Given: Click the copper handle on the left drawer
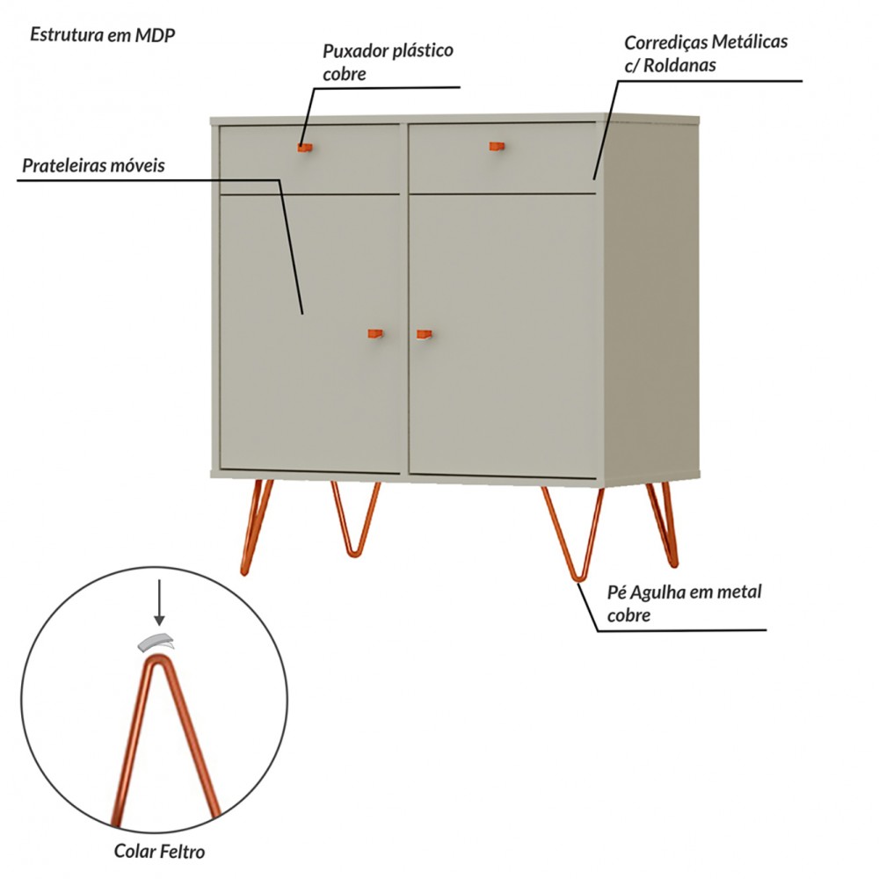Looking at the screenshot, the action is click(x=305, y=148).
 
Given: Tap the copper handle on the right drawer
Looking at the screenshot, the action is click(x=497, y=146).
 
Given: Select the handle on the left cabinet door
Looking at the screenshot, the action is click(x=375, y=333).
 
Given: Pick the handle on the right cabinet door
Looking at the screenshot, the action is click(x=425, y=334).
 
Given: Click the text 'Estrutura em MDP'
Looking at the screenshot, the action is click(x=103, y=35).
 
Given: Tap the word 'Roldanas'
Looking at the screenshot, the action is click(x=679, y=65).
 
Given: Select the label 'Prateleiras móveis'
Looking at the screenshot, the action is click(x=94, y=165).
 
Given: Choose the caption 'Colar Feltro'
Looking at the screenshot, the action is click(x=159, y=850).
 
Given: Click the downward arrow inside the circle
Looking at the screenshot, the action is click(x=159, y=603).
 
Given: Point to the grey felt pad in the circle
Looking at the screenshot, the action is click(x=156, y=643).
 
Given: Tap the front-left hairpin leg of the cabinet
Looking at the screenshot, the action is click(x=255, y=527).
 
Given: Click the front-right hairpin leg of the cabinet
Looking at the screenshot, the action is click(x=573, y=534).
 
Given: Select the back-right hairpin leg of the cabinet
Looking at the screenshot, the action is click(x=663, y=525).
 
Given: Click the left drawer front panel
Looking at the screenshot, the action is click(x=309, y=159).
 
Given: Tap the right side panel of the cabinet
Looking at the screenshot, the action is click(x=650, y=300).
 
